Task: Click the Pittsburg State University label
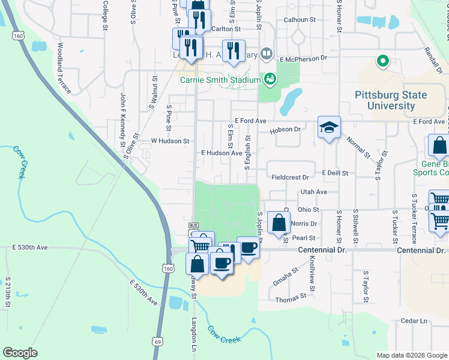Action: tap(391, 100)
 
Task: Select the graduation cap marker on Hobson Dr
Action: tap(329, 127)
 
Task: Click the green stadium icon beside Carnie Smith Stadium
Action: tap(270, 78)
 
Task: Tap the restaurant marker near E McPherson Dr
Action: tap(233, 51)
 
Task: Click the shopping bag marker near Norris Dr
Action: tap(279, 223)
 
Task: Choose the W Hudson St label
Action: tap(170, 141)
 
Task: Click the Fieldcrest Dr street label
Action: tap(290, 178)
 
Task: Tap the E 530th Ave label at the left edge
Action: tap(29, 247)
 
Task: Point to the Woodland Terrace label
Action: tap(64, 68)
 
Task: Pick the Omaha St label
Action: tap(286, 277)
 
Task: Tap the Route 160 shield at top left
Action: tap(19, 36)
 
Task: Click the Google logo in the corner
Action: tap(20, 353)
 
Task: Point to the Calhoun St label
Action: tap(300, 20)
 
